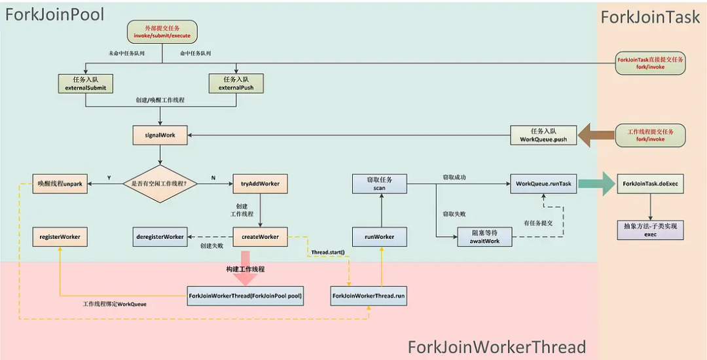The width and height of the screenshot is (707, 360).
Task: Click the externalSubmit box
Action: (x=85, y=83)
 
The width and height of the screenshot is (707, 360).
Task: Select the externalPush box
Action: (x=236, y=83)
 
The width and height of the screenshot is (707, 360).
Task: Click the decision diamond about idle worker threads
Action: (x=160, y=184)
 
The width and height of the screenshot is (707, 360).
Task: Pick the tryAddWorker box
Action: (x=260, y=184)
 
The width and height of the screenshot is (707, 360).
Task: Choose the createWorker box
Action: (x=260, y=236)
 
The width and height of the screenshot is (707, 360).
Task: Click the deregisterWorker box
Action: (x=160, y=236)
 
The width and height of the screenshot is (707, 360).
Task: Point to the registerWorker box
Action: (x=60, y=236)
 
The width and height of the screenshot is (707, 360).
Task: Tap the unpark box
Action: (x=60, y=184)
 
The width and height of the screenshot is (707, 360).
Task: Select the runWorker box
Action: (x=380, y=236)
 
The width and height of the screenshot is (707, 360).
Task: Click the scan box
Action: (x=380, y=183)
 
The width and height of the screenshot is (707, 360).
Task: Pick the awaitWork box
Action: (x=484, y=236)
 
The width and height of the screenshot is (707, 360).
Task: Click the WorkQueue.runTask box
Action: (x=543, y=184)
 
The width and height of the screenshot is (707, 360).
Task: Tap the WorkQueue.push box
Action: (x=543, y=135)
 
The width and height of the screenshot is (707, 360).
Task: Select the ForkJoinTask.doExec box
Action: (x=651, y=184)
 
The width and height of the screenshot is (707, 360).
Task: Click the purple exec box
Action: (x=651, y=230)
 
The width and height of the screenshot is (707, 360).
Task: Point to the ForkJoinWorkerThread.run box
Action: (x=369, y=296)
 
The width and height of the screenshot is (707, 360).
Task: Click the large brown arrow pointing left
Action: (x=592, y=135)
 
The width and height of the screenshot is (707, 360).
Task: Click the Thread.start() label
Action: (x=328, y=253)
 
